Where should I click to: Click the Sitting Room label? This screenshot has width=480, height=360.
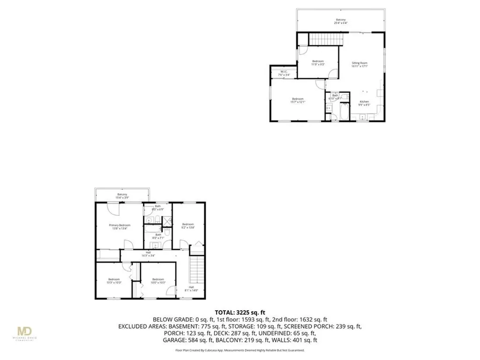click(x=360, y=63)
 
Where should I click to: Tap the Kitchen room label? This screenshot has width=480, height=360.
click(x=364, y=102)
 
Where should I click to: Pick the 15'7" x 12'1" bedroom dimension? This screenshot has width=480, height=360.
click(x=299, y=102)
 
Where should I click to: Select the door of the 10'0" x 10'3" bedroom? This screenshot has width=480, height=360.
click(x=173, y=292)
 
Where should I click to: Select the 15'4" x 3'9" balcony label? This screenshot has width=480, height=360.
click(x=122, y=195)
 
